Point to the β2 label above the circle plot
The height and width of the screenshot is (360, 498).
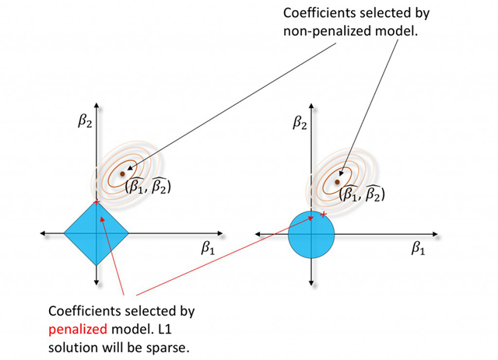pyautogui.click(x=297, y=121)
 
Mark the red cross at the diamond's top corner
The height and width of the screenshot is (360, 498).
pyautogui.click(x=96, y=202)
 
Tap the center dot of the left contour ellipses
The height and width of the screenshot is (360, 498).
pyautogui.click(x=121, y=173)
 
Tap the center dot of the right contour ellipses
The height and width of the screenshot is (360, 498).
pyautogui.click(x=337, y=181)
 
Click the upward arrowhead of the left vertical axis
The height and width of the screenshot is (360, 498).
pyautogui.click(x=95, y=103)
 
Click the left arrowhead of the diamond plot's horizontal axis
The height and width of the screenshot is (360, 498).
pyautogui.click(x=41, y=232)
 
